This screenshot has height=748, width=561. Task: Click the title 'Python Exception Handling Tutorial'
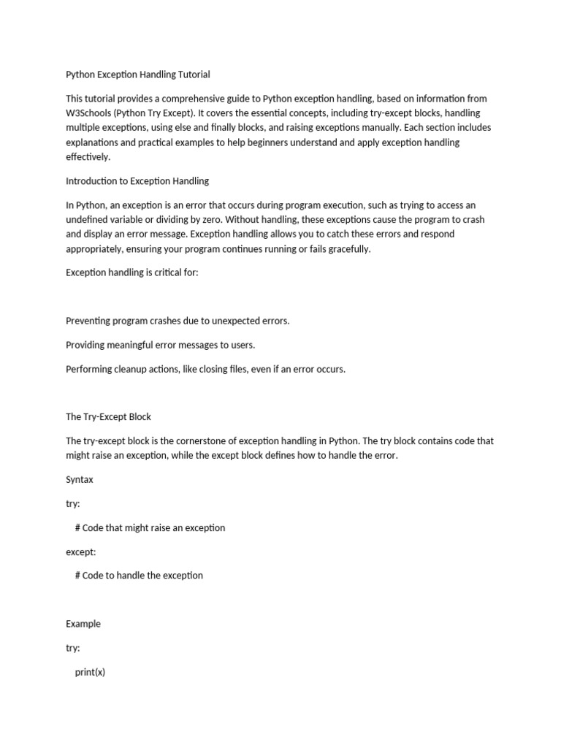click(x=138, y=74)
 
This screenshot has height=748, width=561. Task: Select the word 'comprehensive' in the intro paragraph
click(x=167, y=99)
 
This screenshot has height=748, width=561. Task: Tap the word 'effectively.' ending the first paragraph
click(x=88, y=156)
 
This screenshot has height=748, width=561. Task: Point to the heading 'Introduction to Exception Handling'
click(x=137, y=180)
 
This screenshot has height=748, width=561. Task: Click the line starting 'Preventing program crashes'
click(x=178, y=321)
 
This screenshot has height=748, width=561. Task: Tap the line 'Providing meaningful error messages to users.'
click(x=161, y=345)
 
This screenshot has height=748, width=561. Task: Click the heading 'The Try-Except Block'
click(x=109, y=416)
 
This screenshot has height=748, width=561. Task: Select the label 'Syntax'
click(x=80, y=480)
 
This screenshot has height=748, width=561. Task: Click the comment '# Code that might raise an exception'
click(x=150, y=527)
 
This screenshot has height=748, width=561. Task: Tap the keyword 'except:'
click(x=81, y=552)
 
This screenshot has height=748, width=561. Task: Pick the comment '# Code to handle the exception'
click(x=139, y=576)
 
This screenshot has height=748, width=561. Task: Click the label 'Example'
click(x=83, y=624)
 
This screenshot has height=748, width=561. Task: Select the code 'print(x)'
click(x=90, y=672)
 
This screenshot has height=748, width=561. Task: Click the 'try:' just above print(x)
click(x=73, y=648)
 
